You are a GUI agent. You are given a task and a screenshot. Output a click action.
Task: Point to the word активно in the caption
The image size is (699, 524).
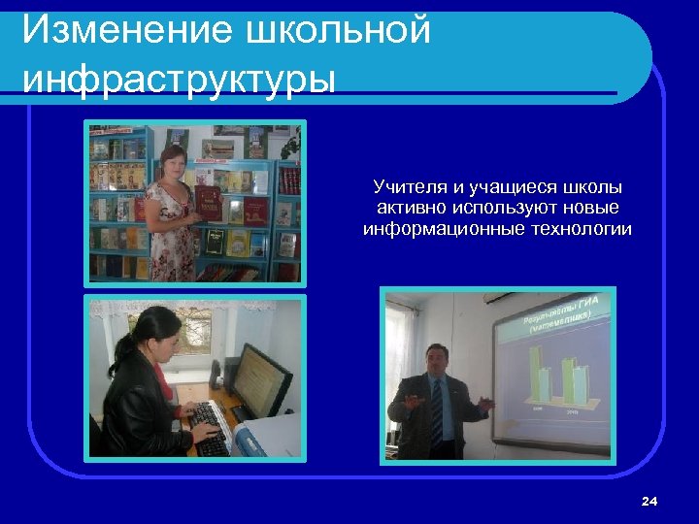click(x=408, y=209)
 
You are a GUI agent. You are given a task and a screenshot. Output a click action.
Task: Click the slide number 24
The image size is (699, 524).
click(x=649, y=501)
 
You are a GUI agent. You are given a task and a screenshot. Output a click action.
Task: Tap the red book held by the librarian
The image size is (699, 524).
click(x=209, y=205)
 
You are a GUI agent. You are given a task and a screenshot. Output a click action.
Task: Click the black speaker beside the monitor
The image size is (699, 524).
click(x=231, y=378)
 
